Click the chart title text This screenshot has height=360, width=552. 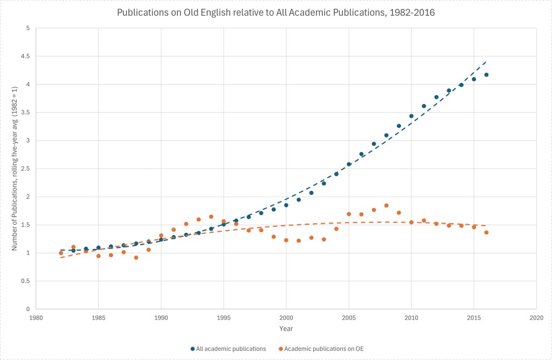tap(275, 12)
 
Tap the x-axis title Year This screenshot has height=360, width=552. tap(286, 328)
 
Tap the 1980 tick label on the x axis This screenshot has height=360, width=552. tap(36, 319)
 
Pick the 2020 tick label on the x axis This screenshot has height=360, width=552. tap(536, 319)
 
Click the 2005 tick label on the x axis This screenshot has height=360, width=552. tap(349, 319)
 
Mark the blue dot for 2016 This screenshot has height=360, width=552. tap(486, 75)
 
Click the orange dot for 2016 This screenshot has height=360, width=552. tap(486, 232)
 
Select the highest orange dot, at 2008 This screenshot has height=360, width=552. tap(387, 205)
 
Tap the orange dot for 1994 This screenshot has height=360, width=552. tap(211, 217)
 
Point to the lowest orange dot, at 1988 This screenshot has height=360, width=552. tap(136, 258)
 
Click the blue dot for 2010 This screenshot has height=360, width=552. tap(411, 116)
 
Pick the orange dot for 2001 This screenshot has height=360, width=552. tap(299, 240)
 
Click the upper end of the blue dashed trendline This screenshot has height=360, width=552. tap(486, 61)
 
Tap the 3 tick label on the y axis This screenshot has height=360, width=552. tap(26, 140)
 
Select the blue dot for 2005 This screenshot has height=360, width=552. tap(349, 164)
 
